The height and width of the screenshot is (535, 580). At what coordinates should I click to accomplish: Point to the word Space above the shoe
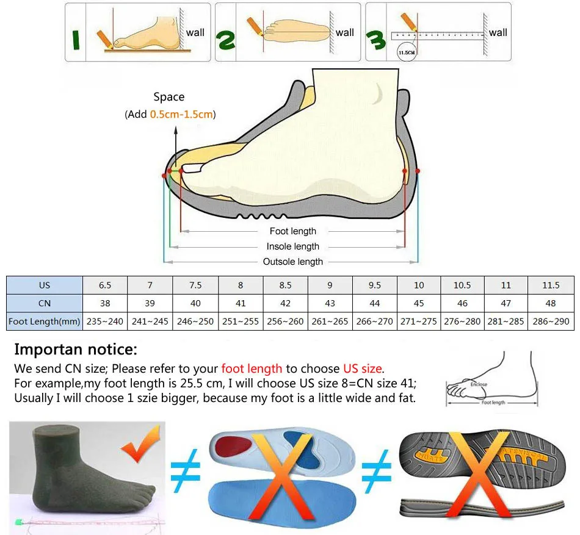point(169,97)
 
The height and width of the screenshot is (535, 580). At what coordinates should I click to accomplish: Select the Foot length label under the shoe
point(293,231)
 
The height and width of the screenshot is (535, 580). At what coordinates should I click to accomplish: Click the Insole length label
point(293,246)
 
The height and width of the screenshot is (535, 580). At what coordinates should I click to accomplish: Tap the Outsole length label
point(293,262)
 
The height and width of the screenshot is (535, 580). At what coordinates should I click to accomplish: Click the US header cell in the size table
point(45,285)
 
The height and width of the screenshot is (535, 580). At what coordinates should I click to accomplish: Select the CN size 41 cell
point(241,303)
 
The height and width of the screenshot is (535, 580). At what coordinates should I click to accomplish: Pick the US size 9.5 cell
point(375,285)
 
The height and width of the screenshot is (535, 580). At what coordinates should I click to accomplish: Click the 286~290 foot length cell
point(551,321)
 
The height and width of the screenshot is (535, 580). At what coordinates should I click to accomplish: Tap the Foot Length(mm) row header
point(45,321)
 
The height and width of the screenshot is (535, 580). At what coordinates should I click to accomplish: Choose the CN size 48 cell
point(551,303)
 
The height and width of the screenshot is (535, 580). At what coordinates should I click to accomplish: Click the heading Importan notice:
point(76,350)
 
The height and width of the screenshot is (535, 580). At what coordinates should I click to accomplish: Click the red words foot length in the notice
point(252,368)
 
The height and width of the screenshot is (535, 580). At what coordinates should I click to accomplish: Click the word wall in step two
point(345,32)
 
